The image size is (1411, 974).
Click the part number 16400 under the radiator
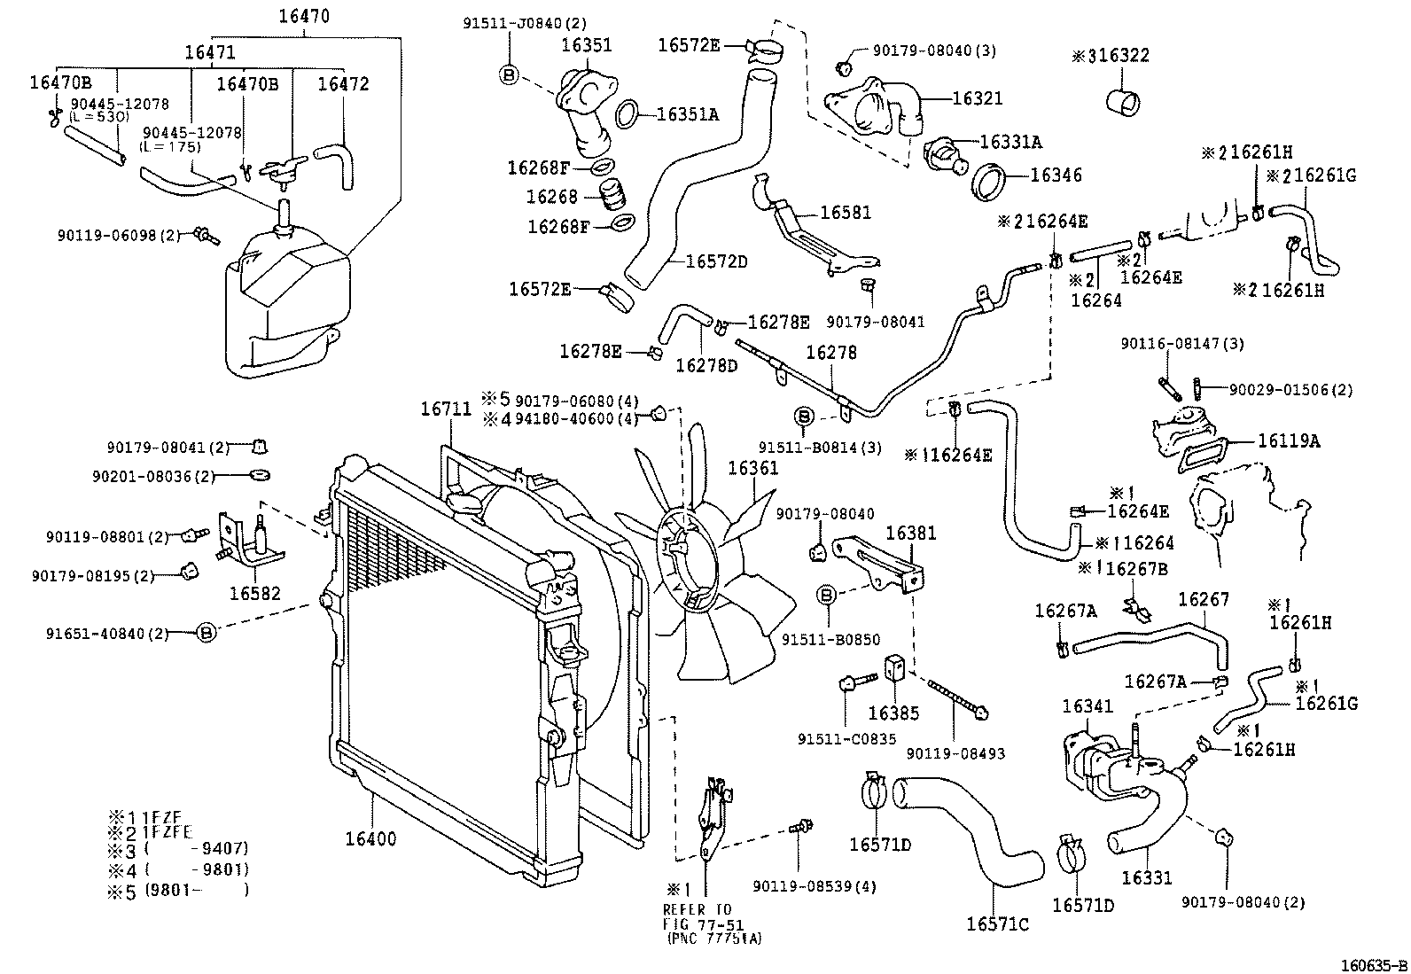tap(370, 838)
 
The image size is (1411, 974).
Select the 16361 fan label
tap(752, 468)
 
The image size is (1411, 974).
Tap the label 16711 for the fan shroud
tap(446, 409)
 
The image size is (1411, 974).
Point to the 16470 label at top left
tap(304, 15)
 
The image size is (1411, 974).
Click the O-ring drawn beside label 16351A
tap(626, 113)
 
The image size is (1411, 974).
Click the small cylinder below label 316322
tap(1122, 99)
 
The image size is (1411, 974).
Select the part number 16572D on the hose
tap(716, 261)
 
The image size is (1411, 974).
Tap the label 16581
tap(846, 213)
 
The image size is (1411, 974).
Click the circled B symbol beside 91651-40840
tap(206, 632)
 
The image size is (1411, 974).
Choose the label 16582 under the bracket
tap(254, 593)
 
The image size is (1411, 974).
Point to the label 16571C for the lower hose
tap(997, 924)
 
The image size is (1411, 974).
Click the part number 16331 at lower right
tap(1146, 877)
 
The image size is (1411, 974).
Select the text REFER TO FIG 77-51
tap(700, 916)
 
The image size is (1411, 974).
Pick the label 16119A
tap(1288, 440)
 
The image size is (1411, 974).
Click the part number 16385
tap(894, 713)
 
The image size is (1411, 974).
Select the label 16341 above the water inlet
tap(1087, 706)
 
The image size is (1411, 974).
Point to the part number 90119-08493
tap(955, 753)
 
